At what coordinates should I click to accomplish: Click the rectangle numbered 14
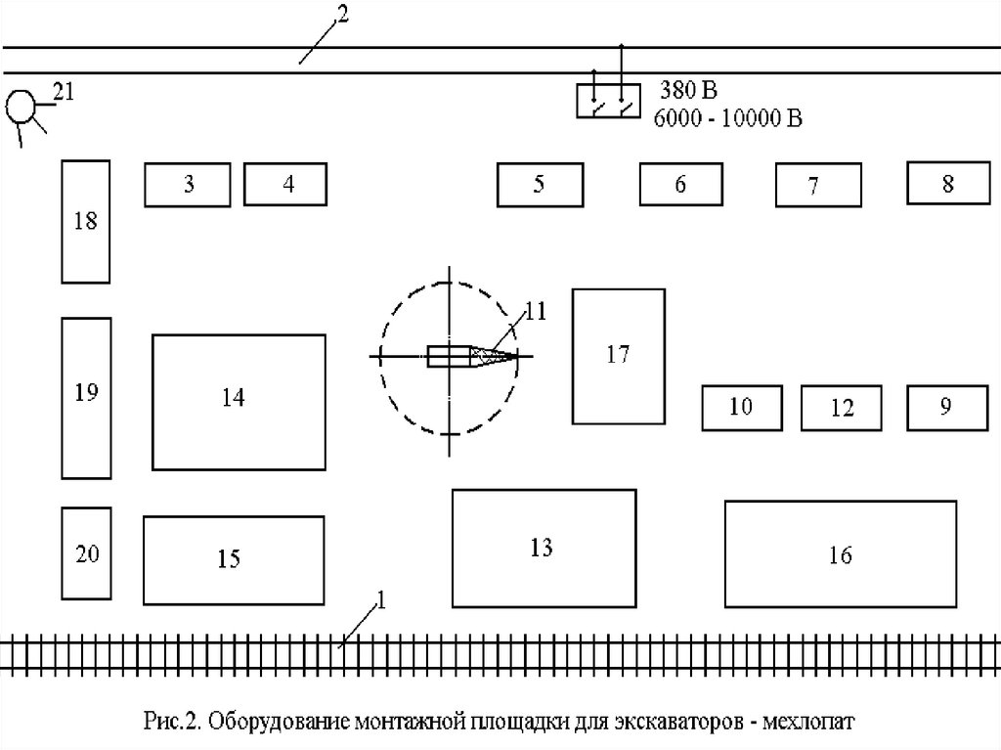(x=239, y=401)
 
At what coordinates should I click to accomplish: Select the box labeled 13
(x=543, y=549)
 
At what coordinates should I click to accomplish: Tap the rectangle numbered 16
(x=840, y=554)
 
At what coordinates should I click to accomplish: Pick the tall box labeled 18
(x=85, y=221)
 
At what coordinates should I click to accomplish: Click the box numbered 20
(x=87, y=553)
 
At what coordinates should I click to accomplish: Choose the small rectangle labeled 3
(x=188, y=184)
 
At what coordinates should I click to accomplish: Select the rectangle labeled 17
(x=618, y=355)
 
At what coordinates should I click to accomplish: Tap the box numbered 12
(x=842, y=408)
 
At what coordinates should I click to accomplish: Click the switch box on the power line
(x=608, y=101)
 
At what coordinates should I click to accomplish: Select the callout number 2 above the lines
(x=340, y=14)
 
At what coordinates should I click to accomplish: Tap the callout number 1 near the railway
(x=381, y=601)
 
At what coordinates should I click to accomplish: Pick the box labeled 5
(x=539, y=185)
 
